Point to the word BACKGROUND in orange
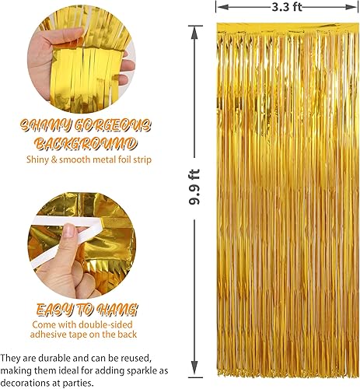86,144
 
